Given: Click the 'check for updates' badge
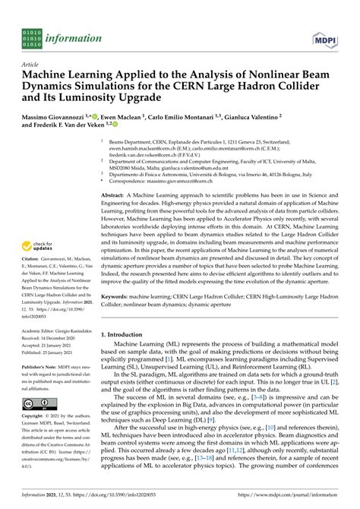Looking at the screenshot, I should coord(36,246).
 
